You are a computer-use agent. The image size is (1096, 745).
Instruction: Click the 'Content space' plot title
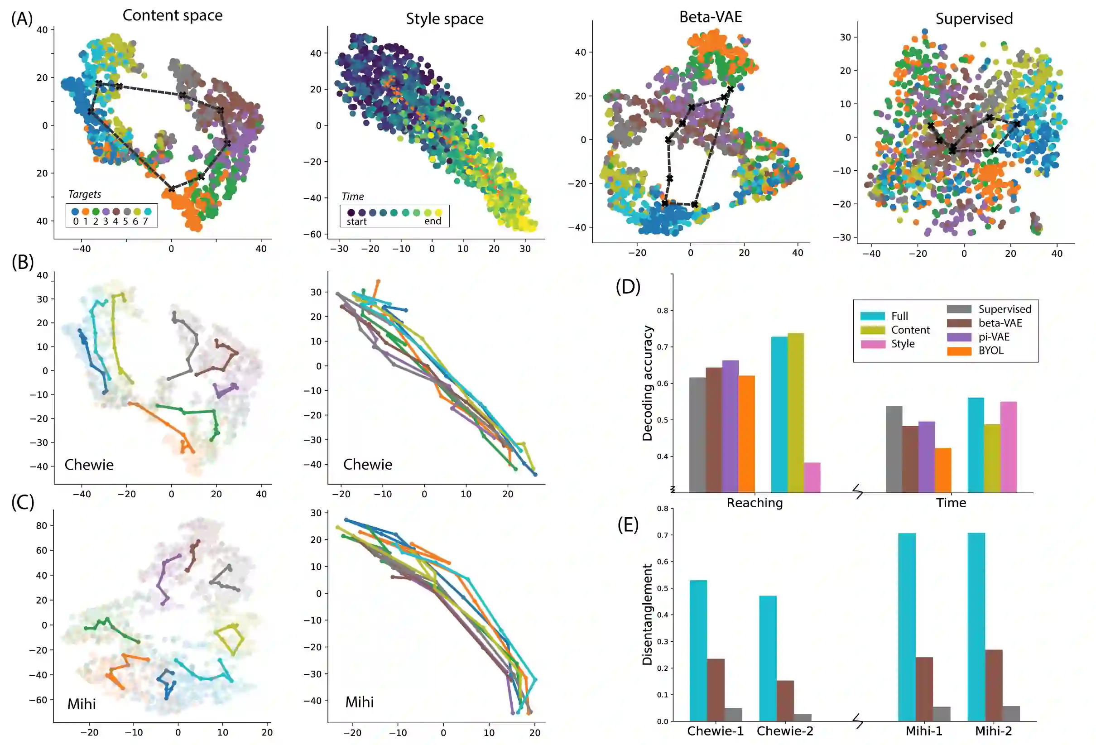[x=173, y=15]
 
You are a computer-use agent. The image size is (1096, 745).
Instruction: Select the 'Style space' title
[x=444, y=19]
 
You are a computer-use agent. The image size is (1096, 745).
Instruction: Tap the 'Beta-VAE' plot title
[x=710, y=17]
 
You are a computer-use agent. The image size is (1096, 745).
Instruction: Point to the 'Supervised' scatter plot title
[x=974, y=19]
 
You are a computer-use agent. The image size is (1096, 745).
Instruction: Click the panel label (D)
[x=628, y=287]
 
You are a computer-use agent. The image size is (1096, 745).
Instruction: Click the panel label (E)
[x=628, y=525]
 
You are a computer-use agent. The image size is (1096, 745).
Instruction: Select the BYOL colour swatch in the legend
[x=959, y=351]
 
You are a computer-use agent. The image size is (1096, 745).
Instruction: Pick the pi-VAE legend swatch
[x=959, y=337]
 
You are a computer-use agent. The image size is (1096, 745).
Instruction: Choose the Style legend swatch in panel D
[x=872, y=344]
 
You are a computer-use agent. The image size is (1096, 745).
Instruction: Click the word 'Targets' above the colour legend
[x=84, y=194]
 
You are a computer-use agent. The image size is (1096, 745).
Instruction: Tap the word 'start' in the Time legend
[x=356, y=221]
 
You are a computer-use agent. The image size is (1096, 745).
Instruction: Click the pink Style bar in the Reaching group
[x=812, y=477]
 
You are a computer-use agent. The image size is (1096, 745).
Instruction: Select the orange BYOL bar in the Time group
[x=943, y=470]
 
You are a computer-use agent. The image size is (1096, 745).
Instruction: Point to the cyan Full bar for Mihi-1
[x=906, y=627]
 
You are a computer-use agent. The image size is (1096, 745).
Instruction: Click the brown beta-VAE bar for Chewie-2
[x=785, y=700]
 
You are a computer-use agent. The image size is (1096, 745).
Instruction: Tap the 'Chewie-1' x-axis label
[x=715, y=731]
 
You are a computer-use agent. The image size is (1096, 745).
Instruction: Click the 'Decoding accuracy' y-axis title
[x=648, y=383]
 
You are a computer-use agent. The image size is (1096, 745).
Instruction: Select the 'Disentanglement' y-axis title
[x=648, y=615]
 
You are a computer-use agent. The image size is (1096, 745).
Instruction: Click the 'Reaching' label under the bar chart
[x=755, y=503]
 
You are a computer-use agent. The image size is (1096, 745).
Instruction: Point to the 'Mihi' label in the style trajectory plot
[x=359, y=702]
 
